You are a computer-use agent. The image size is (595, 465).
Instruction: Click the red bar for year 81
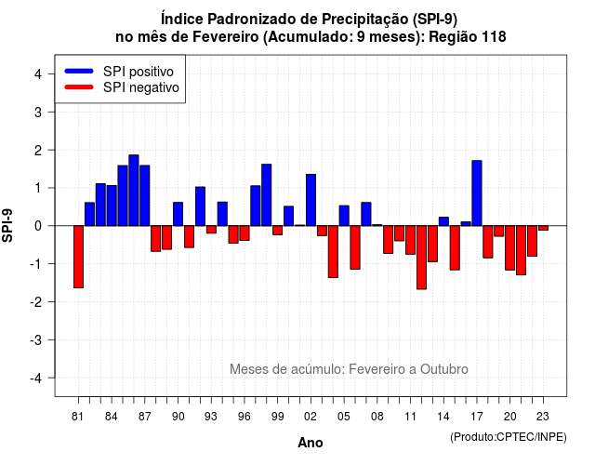pyautogui.click(x=78, y=257)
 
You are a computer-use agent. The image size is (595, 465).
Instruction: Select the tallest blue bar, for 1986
pyautogui.click(x=134, y=190)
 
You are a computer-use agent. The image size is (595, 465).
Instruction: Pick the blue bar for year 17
pyautogui.click(x=477, y=193)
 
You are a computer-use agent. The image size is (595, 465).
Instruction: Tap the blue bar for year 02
pyautogui.click(x=311, y=200)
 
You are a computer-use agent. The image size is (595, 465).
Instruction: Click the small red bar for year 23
pyautogui.click(x=543, y=228)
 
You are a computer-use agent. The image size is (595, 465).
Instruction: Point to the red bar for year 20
pyautogui.click(x=510, y=248)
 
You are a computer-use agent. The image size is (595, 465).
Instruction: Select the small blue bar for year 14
pyautogui.click(x=443, y=221)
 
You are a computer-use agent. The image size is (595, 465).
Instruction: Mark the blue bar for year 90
pyautogui.click(x=178, y=214)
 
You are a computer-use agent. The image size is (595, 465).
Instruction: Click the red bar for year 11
pyautogui.click(x=411, y=240)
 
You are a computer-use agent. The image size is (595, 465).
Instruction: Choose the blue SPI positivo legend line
pyautogui.click(x=79, y=71)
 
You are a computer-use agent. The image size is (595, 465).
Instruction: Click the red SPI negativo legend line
pyautogui.click(x=79, y=86)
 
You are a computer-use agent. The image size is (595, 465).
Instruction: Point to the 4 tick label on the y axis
pyautogui.click(x=38, y=74)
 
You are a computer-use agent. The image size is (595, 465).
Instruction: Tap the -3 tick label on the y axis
pyautogui.click(x=36, y=339)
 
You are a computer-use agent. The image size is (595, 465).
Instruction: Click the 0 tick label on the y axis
pyautogui.click(x=38, y=226)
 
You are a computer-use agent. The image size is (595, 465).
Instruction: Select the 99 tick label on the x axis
pyautogui.click(x=278, y=417)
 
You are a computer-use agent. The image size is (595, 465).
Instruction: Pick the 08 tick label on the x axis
pyautogui.click(x=377, y=417)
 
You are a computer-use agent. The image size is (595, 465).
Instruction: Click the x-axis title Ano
pyautogui.click(x=311, y=443)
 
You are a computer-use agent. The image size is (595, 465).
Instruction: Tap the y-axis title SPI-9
pyautogui.click(x=7, y=225)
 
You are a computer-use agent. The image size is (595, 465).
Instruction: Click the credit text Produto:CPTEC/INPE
pyautogui.click(x=509, y=437)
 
